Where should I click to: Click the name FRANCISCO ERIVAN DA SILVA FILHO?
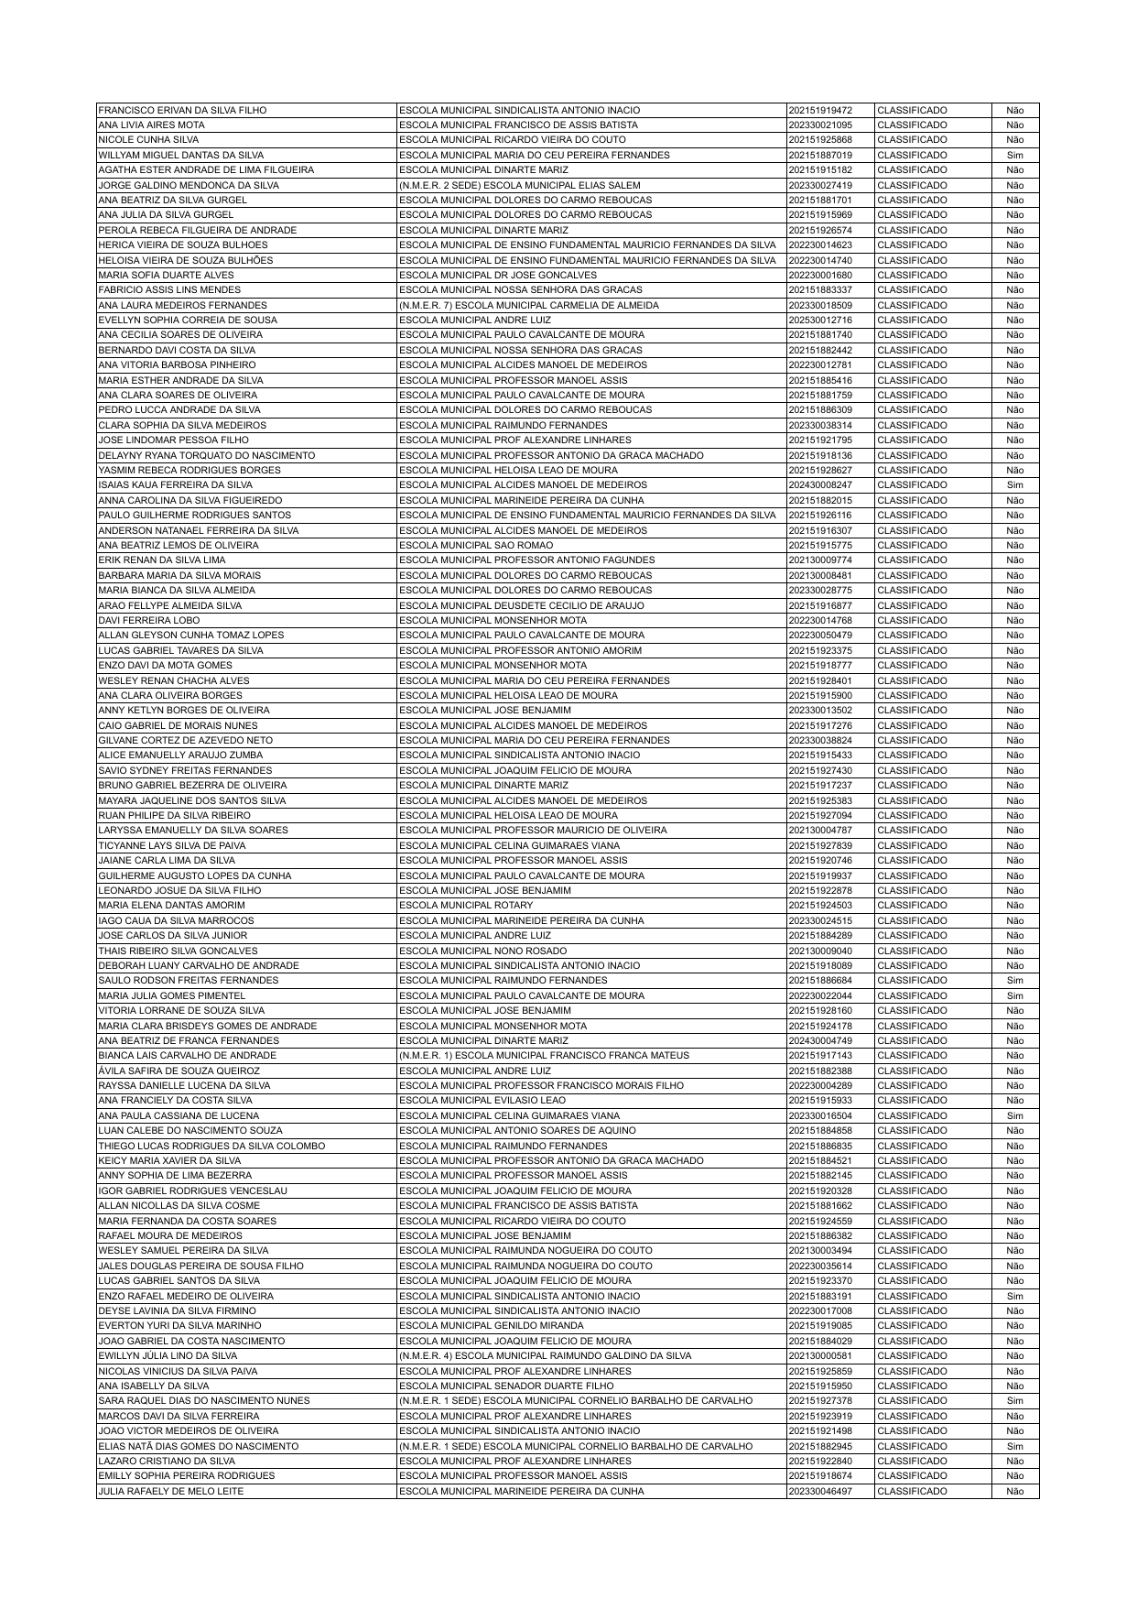pyautogui.click(x=182, y=110)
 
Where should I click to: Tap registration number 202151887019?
pyautogui.click(x=819, y=155)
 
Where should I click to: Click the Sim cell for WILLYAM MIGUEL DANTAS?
pyautogui.click(x=1014, y=155)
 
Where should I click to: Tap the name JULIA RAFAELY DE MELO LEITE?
pyautogui.click(x=171, y=1492)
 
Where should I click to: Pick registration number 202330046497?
pyautogui.click(x=819, y=1492)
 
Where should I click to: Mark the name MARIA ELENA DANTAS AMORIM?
pyautogui.click(x=171, y=906)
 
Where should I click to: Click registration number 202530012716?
pyautogui.click(x=819, y=321)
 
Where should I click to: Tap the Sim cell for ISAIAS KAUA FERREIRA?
pyautogui.click(x=1014, y=485)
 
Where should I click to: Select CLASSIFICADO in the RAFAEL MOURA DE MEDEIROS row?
pyautogui.click(x=912, y=1236)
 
